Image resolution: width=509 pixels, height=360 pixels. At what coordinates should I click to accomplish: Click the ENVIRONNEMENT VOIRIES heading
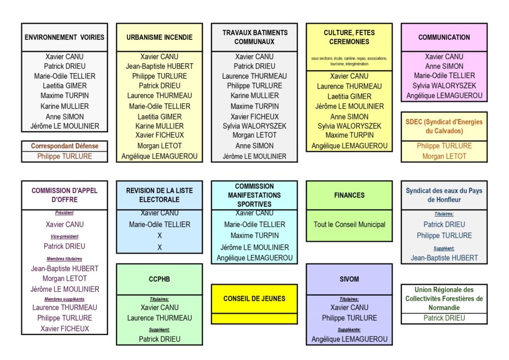65,37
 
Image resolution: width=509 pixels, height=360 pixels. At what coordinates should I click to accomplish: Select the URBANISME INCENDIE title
160,37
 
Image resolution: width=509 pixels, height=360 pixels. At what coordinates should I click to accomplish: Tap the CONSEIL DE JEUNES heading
254,298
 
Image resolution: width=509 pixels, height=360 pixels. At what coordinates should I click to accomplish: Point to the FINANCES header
349,195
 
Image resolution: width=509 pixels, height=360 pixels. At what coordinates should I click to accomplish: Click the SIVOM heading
349,279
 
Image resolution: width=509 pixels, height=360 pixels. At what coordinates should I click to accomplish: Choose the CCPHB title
160,279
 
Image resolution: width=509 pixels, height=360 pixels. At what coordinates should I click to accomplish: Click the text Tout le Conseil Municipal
349,224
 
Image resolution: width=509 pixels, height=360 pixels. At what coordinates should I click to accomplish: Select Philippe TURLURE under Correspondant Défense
65,156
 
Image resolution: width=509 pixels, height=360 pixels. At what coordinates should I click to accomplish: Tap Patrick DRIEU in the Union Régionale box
444,318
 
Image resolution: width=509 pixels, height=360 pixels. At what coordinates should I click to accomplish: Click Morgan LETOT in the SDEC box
444,156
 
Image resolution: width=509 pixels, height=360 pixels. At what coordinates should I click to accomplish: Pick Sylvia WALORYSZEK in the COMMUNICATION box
444,86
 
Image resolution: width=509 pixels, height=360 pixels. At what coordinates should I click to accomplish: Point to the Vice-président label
65,237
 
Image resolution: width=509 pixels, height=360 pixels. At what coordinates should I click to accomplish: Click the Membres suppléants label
65,299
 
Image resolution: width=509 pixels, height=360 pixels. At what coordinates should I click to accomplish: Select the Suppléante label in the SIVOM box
349,329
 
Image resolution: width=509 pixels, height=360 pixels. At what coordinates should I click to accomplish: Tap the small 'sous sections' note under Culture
349,61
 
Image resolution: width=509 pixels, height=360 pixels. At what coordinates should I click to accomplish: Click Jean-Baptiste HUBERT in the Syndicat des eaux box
444,258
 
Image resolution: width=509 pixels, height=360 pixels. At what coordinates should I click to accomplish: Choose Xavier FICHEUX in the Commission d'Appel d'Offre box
65,329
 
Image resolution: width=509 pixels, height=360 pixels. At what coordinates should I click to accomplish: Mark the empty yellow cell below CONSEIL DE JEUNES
254,318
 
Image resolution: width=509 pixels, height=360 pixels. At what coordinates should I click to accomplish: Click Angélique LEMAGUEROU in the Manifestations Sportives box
254,258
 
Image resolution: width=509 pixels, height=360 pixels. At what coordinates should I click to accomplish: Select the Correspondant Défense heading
65,146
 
